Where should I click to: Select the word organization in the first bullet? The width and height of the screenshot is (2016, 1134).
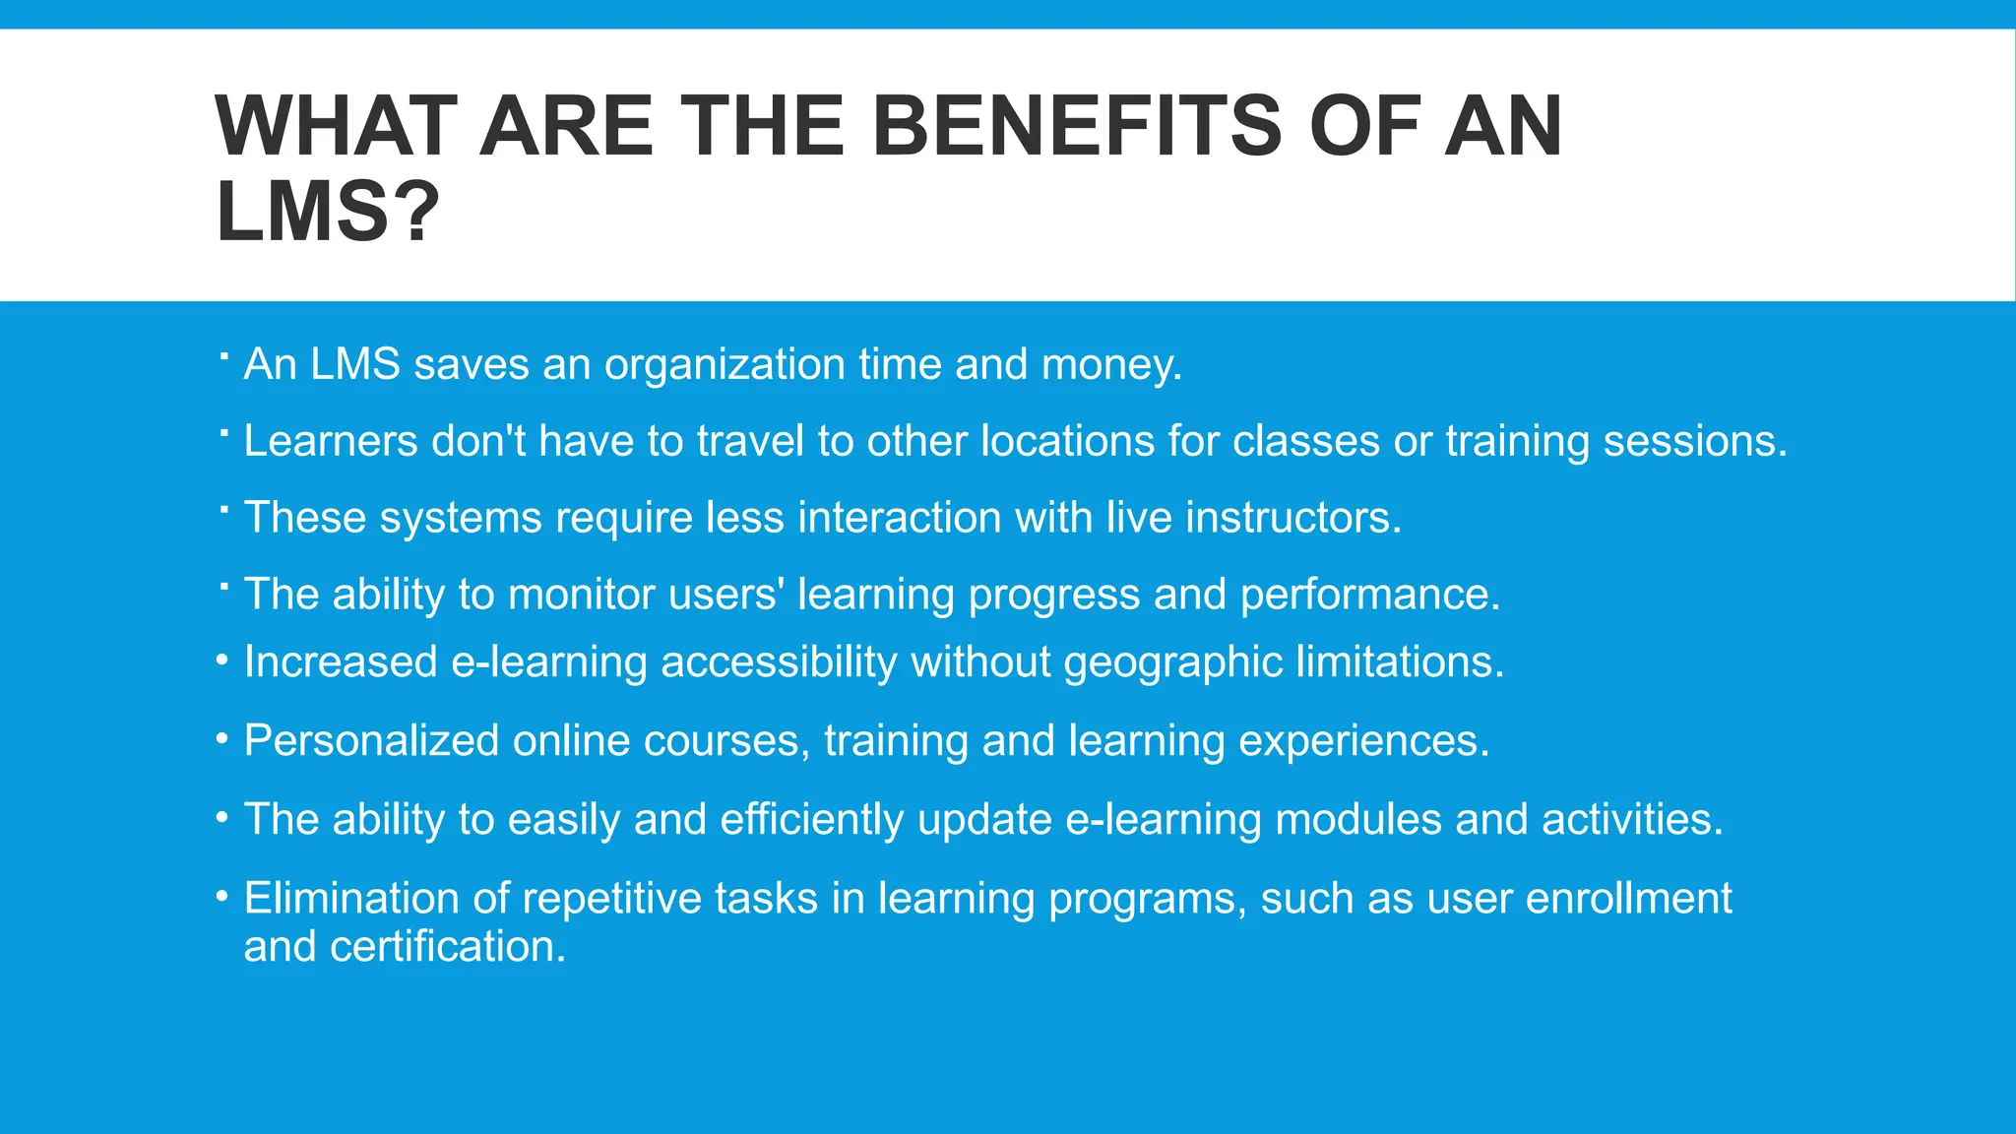724,365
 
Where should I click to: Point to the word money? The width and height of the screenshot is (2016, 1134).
1111,365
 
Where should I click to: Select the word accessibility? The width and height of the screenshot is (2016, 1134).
779,662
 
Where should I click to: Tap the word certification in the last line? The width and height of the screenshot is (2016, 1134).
448,947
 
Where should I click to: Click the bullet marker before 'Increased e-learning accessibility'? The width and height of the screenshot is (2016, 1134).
223,661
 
